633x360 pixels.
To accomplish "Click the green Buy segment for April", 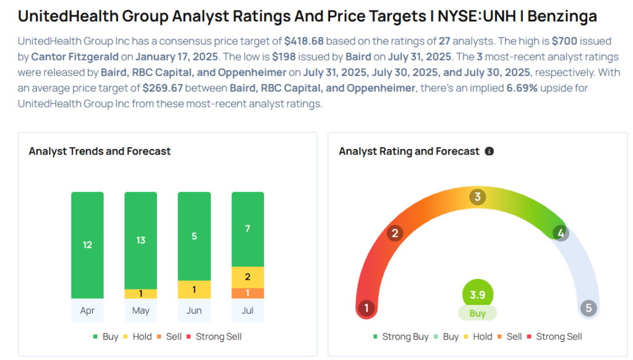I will point(87,245).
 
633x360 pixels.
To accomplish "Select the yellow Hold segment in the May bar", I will point(140,294).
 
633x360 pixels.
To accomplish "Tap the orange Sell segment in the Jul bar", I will point(247,293).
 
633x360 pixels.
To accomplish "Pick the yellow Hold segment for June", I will point(194,289).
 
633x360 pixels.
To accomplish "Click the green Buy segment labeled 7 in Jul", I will point(247,229).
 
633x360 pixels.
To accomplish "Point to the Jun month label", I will point(194,311).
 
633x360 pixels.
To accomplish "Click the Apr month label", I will point(87,311).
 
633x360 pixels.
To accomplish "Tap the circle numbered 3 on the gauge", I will point(477,197).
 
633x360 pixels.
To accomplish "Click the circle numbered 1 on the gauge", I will point(367,308).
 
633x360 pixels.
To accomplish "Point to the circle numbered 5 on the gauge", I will point(588,308).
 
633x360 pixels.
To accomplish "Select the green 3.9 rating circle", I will point(477,294).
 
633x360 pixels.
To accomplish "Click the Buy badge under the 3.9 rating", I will point(477,313).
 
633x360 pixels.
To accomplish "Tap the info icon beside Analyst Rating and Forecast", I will point(489,151).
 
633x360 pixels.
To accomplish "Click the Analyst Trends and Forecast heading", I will point(100,151).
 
